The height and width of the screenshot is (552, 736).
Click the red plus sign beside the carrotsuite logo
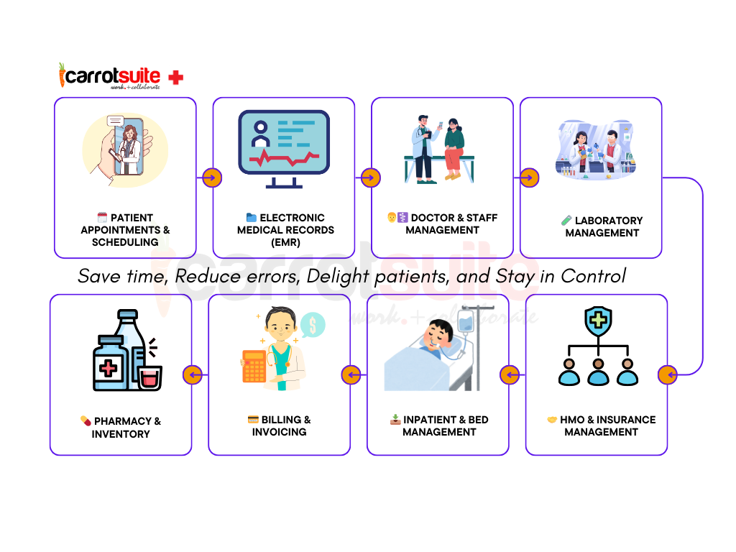coord(175,77)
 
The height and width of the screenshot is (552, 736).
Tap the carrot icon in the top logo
coord(63,75)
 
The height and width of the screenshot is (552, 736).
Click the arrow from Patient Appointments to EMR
coord(211,178)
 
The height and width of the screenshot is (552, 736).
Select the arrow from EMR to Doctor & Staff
coord(370,178)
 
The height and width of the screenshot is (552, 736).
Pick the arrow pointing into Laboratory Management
coord(529,178)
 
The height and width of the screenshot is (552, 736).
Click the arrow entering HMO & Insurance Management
coord(668,374)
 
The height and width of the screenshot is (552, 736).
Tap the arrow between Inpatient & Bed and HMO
coord(510,374)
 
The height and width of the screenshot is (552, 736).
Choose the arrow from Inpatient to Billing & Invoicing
coord(351,374)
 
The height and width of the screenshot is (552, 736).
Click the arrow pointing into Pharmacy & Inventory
coord(192,374)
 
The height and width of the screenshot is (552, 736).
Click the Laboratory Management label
coord(602,226)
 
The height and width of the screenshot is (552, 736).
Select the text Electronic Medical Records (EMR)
coord(286,230)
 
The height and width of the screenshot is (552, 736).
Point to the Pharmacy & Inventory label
coord(121,427)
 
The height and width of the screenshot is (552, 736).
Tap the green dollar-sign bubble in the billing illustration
coord(313,326)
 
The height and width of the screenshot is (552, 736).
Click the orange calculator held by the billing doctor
coord(254,366)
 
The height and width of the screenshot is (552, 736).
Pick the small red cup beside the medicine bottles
coord(149,377)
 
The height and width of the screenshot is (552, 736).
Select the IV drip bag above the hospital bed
coord(466,321)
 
